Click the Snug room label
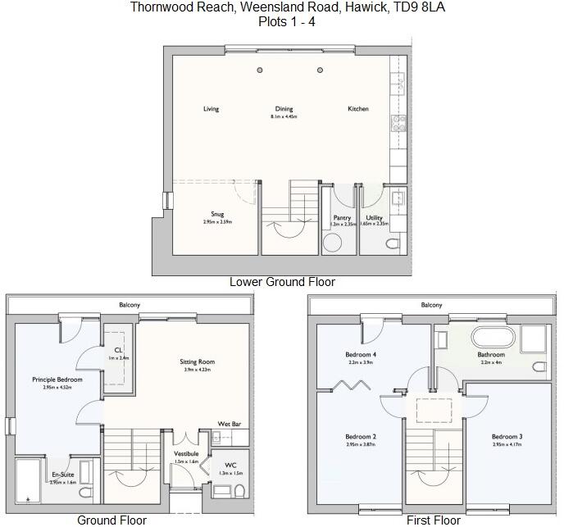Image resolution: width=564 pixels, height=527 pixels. coord(217,215)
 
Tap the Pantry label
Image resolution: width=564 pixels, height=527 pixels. coord(342,218)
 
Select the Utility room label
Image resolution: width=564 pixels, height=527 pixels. coord(374,218)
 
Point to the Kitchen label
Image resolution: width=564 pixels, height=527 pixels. coord(358,109)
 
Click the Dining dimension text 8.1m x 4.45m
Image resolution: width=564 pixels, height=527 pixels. coord(284,117)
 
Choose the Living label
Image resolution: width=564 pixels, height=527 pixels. coord(211,109)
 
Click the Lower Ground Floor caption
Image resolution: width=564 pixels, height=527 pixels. coord(282,282)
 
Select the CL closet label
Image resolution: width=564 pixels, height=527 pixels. coord(118,350)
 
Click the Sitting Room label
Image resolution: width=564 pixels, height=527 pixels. coord(197,361)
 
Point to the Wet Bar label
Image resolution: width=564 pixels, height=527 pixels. coord(229,424)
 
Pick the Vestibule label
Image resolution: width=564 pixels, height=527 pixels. coord(186,454)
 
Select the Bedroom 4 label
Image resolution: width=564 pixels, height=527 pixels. coord(361,355)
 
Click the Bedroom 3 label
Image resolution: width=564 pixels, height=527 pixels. coord(507,437)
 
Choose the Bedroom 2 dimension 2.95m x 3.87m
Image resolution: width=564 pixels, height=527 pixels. coord(361,445)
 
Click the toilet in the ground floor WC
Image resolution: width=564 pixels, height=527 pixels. coord(239,490)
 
